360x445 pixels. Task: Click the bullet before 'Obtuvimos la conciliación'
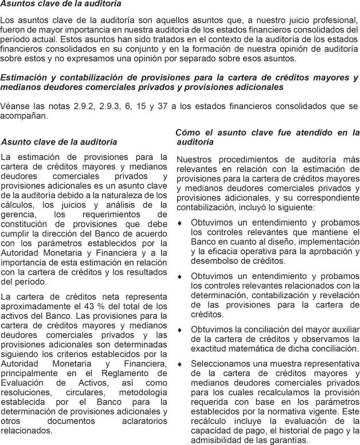click(x=180, y=330)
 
